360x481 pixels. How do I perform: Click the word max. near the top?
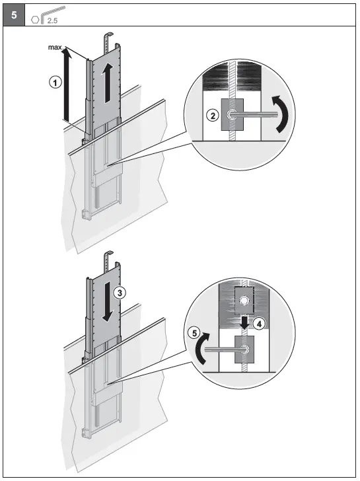(x=55, y=48)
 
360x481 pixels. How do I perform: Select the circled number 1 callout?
(x=56, y=82)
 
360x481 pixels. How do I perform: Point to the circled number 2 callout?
(x=213, y=116)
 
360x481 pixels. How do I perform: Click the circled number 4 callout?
(x=261, y=324)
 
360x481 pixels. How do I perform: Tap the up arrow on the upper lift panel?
(x=106, y=83)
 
